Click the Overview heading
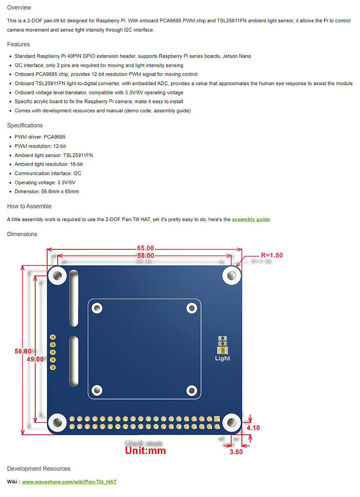[x=19, y=8]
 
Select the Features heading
[x=18, y=44]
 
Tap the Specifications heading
[x=25, y=125]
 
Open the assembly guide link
[x=251, y=219]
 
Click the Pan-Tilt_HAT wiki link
[x=69, y=482]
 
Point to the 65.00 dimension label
[x=145, y=248]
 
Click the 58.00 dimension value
[x=145, y=256]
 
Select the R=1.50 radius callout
[x=272, y=255]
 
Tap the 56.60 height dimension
[x=23, y=351]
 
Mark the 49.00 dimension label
[x=35, y=359]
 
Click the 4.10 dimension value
[x=253, y=428]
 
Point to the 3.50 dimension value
[x=236, y=452]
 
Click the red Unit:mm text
[x=145, y=451]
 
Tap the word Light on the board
[x=222, y=358]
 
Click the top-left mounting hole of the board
[x=57, y=276]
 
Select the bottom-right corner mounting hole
[x=231, y=423]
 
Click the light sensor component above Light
[x=222, y=345]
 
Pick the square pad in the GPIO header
[x=217, y=419]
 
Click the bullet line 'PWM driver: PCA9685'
[x=40, y=137]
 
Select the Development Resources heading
[x=39, y=469]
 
